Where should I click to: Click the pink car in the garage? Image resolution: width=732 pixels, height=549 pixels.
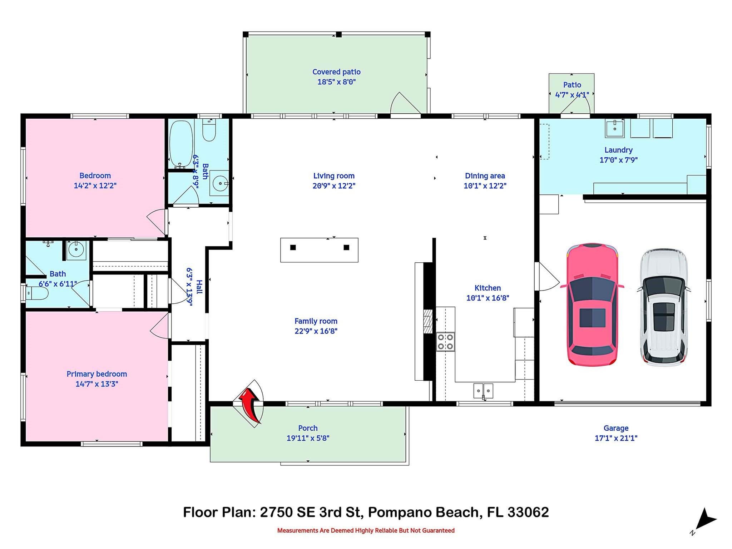[x=592, y=305]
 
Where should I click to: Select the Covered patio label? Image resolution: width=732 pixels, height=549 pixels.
[x=336, y=72]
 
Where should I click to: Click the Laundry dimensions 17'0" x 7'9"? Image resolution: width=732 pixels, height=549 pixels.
[x=618, y=160]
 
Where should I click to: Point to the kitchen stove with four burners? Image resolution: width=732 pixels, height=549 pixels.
[x=445, y=342]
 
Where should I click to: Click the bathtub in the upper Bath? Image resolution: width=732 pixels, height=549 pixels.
[x=181, y=144]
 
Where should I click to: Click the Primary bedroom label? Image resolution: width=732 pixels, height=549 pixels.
[x=97, y=374]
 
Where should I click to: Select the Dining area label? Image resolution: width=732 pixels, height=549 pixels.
[x=485, y=176]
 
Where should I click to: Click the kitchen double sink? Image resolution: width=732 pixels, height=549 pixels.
[x=483, y=390]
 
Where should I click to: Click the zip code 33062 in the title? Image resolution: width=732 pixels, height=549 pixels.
[x=528, y=512]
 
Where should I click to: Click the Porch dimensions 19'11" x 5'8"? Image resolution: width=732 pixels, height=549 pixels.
[x=308, y=438]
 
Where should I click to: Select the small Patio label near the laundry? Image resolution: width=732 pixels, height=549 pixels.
[x=572, y=85]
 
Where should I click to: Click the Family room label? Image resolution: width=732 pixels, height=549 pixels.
[x=316, y=321]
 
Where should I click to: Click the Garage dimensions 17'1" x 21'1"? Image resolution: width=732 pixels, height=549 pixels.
[x=616, y=438]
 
